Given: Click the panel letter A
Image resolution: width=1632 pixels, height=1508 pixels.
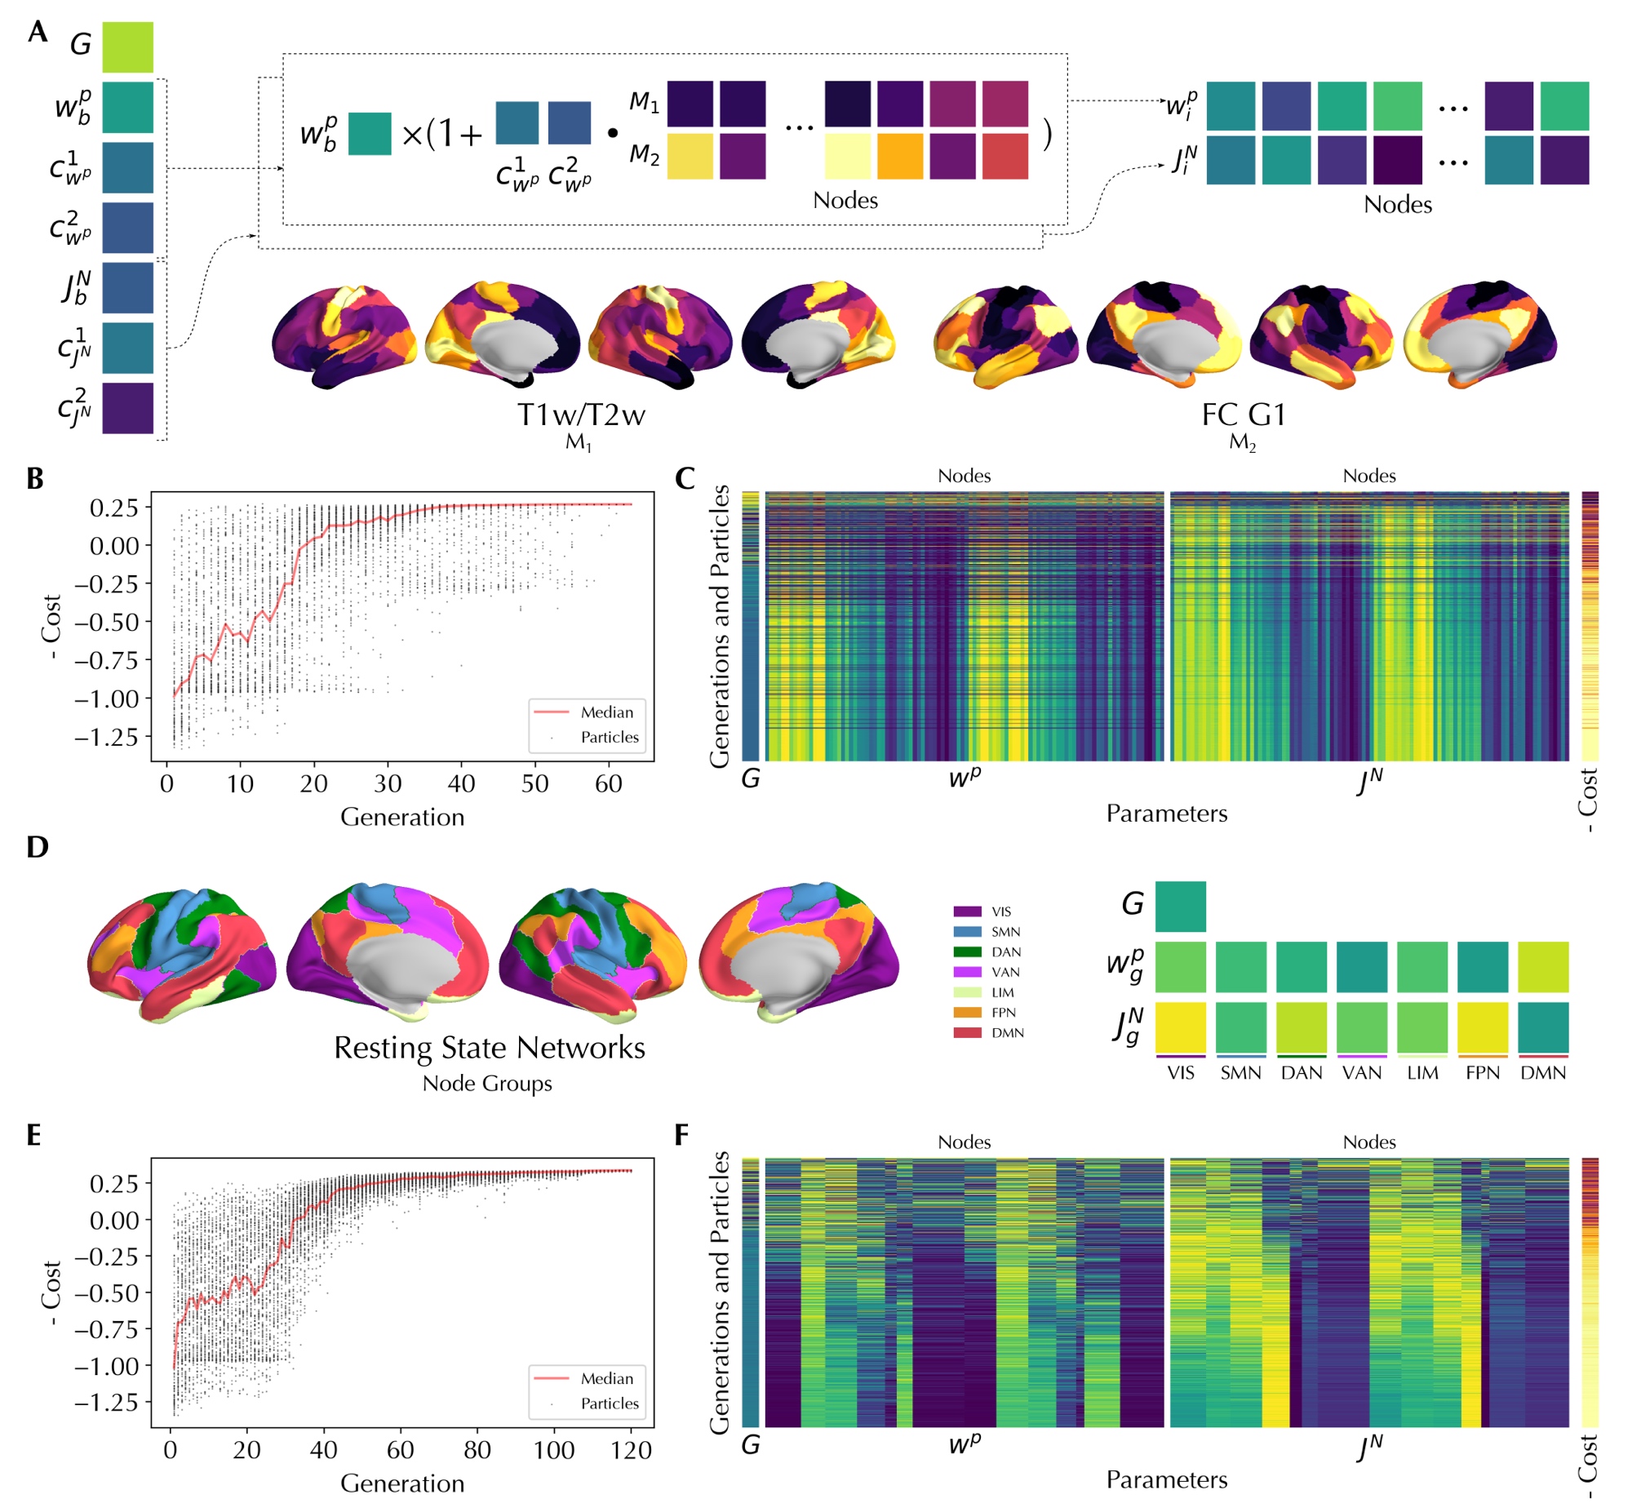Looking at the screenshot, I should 38,33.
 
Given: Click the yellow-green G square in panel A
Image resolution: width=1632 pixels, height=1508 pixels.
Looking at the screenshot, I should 127,47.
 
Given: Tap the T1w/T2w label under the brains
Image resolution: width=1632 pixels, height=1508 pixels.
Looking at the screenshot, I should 581,415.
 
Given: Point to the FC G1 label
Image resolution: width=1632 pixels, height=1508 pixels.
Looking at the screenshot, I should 1243,415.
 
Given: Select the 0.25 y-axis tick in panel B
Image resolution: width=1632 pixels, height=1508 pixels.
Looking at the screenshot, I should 114,508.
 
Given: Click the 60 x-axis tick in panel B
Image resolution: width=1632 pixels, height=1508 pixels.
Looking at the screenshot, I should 609,784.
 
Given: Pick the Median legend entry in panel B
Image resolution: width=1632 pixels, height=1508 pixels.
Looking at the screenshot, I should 606,712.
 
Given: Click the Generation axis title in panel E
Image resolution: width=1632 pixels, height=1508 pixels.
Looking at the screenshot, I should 402,1483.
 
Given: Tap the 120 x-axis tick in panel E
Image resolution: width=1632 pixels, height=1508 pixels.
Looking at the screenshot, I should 632,1450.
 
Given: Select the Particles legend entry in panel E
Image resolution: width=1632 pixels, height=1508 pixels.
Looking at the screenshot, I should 610,1404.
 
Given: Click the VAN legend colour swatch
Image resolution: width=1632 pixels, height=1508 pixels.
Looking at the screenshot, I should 967,972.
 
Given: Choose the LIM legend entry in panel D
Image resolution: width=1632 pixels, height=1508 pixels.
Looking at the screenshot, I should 1003,992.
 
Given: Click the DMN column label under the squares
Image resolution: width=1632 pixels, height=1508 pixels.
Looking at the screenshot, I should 1543,1073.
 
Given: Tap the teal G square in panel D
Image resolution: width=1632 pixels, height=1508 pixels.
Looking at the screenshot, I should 1180,907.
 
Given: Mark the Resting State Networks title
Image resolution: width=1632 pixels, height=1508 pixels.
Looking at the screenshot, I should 490,1048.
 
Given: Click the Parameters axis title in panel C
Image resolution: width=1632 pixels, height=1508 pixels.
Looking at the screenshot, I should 1167,814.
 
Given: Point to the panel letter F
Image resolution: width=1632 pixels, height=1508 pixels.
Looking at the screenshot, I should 682,1135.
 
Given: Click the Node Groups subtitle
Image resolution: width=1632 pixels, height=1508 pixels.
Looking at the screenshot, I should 487,1084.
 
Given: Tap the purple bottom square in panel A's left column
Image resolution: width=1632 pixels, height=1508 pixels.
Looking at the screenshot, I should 127,408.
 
